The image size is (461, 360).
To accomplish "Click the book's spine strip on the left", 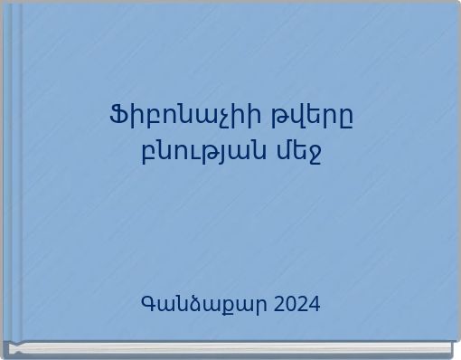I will (x=14, y=172).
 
